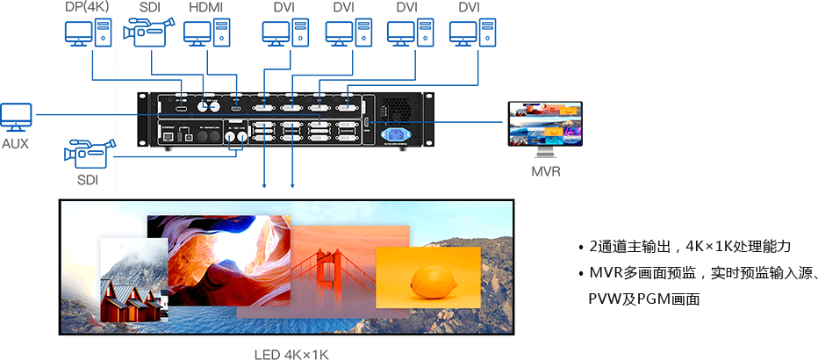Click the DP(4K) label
tap(86, 8)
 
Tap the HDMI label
tap(206, 8)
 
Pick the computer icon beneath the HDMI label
tap(206, 34)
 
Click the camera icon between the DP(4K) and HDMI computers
tap(146, 33)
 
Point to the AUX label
tap(15, 142)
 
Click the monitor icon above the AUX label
tap(16, 117)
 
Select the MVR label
tap(545, 171)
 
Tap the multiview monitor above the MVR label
tap(545, 125)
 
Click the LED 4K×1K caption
tap(290, 353)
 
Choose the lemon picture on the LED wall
tap(427, 277)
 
